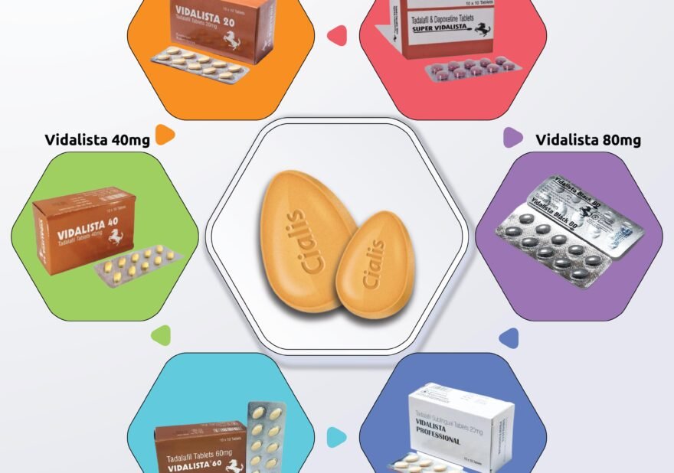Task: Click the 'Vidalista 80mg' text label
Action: [x=587, y=139]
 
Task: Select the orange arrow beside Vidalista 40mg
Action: [x=164, y=135]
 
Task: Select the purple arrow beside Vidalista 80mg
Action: [x=512, y=138]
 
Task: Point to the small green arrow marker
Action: [x=162, y=334]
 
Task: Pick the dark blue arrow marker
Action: [x=508, y=338]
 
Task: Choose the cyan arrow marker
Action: [x=335, y=437]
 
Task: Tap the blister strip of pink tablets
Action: [x=471, y=68]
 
